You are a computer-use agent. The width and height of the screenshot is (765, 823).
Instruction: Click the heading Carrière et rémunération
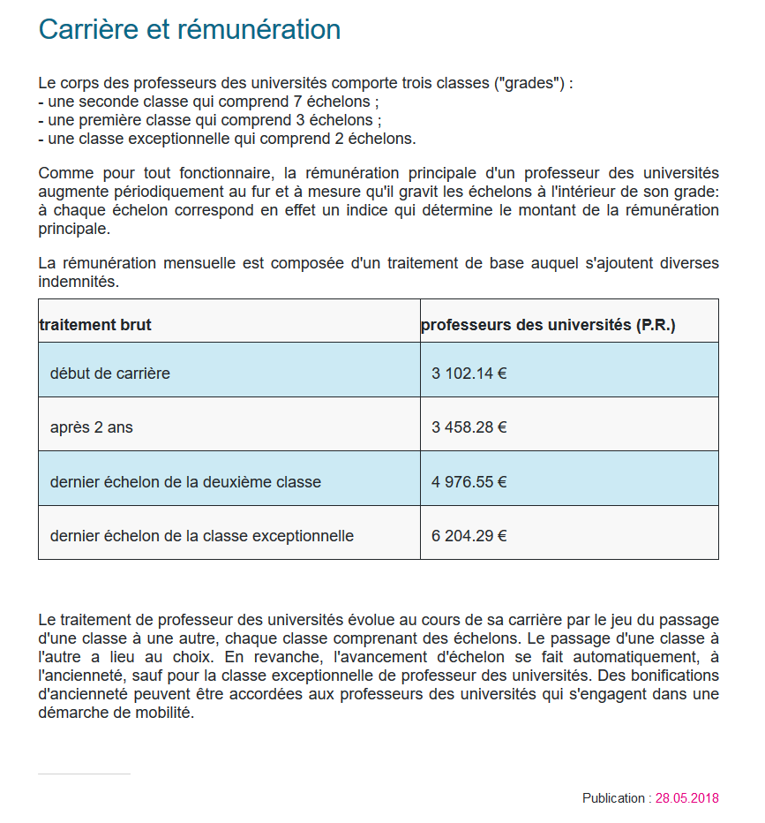[x=190, y=29]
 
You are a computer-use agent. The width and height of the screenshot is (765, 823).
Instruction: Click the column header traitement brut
[x=95, y=325]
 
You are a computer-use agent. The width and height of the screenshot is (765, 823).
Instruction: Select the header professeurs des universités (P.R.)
[x=547, y=325]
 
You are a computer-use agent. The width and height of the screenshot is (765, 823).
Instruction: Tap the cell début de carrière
[x=110, y=374]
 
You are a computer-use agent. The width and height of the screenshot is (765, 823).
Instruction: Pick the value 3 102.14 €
[x=469, y=374]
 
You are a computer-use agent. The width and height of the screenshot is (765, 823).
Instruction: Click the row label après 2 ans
[x=92, y=427]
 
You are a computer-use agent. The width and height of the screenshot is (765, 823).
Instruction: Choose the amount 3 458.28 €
[x=469, y=427]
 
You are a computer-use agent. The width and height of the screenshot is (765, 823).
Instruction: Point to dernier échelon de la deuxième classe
[x=185, y=482]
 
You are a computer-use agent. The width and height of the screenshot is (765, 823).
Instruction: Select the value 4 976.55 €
[x=469, y=482]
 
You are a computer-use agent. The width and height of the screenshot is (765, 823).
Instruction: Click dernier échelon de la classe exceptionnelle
[x=202, y=536]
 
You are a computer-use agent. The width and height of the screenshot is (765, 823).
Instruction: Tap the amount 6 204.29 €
[x=469, y=536]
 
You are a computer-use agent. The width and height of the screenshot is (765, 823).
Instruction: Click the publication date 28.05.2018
[x=686, y=798]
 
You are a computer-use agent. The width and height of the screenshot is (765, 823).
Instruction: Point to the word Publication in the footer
[x=613, y=798]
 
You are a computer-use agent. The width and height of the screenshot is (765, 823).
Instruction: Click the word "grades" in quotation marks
[x=529, y=84]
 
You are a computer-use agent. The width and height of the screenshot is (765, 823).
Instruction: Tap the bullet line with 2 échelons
[x=227, y=139]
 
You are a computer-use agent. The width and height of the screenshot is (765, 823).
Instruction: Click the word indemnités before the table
[x=79, y=282]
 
